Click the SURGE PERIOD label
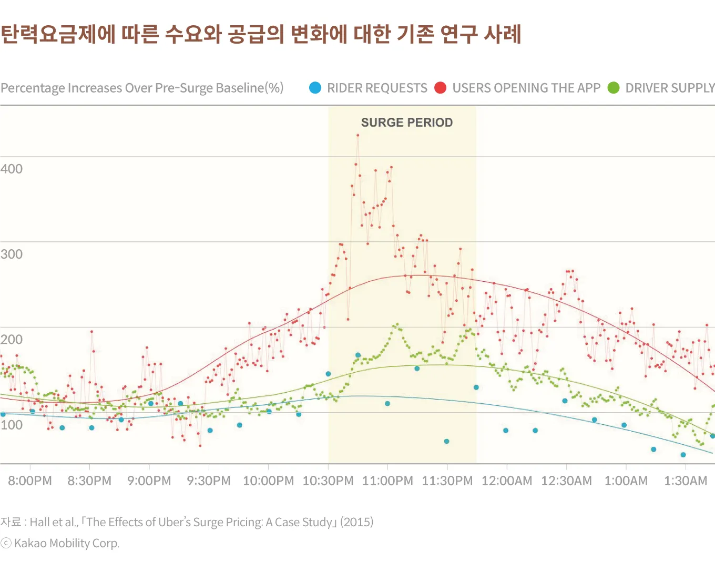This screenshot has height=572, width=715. tap(406, 122)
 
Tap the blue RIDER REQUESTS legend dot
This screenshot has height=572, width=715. tap(315, 88)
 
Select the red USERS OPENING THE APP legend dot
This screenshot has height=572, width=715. tap(441, 88)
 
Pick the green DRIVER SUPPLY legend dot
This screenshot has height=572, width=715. tap(614, 88)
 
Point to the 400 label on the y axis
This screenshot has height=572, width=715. tap(12, 169)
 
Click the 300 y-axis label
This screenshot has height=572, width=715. tap(12, 254)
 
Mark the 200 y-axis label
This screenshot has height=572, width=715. tap(12, 339)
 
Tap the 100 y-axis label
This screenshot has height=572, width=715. tap(12, 425)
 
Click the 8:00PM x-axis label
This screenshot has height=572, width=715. tap(30, 481)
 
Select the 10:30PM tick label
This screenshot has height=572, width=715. tap(328, 481)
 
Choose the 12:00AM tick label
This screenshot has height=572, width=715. tap(507, 481)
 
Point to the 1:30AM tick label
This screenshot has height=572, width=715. tap(686, 481)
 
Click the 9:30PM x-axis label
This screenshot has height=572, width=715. tap(209, 481)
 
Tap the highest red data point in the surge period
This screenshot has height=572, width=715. tap(357, 135)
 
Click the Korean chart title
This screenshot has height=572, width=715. tap(261, 34)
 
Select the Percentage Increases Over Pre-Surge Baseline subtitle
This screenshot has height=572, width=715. tap(142, 88)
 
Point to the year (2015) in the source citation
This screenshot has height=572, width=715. tap(357, 522)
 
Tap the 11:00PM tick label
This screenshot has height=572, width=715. tap(387, 481)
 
